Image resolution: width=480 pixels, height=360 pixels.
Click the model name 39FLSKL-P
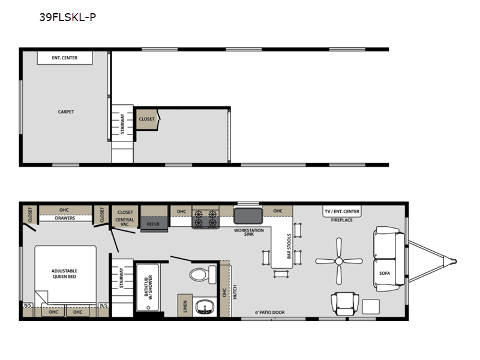click(68, 17)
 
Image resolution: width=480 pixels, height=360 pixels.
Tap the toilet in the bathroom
click(203, 274)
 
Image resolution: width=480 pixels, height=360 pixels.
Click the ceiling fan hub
click(339, 261)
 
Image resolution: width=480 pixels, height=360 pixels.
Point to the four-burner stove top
click(205, 219)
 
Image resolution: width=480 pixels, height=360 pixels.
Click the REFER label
click(153, 224)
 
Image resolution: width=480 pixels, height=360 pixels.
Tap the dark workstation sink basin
click(248, 216)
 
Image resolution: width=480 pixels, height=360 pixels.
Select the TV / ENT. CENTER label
click(342, 211)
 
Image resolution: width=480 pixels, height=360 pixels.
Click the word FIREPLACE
click(341, 220)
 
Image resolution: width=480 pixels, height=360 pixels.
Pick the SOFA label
click(385, 273)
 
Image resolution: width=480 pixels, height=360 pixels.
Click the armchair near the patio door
click(344, 304)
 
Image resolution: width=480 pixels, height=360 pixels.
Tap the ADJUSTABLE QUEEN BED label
click(64, 274)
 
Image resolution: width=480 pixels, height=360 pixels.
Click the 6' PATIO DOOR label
click(269, 312)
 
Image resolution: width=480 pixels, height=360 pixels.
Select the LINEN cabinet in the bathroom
click(185, 305)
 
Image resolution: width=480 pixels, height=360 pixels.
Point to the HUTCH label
click(235, 292)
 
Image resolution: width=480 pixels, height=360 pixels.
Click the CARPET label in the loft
click(66, 112)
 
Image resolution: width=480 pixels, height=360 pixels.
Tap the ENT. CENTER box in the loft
click(65, 58)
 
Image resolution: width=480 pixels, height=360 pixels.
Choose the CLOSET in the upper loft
click(147, 119)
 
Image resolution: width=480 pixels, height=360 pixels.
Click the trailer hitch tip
click(455, 262)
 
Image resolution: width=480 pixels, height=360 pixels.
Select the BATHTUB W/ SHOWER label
click(148, 287)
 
